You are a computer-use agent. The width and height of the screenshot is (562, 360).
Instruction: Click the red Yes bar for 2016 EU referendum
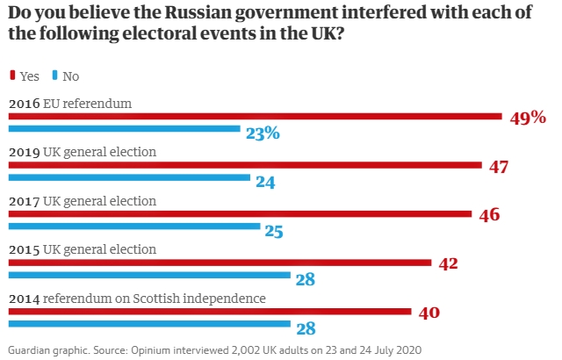(x=255, y=116)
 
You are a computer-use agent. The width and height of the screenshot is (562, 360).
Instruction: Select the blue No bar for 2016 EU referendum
(x=124, y=129)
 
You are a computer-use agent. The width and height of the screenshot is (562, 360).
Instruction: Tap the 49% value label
(x=528, y=118)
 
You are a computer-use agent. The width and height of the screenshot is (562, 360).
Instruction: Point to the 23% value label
(x=263, y=133)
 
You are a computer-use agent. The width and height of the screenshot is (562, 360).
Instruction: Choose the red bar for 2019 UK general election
(x=245, y=164)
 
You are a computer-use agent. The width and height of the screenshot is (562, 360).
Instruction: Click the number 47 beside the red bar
(x=500, y=166)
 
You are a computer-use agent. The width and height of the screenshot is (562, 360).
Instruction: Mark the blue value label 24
(x=266, y=183)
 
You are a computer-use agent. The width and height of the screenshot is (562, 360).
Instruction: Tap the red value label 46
(x=490, y=214)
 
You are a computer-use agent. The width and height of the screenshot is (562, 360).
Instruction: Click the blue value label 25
(x=274, y=232)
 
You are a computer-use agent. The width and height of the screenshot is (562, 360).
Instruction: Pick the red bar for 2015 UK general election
(x=220, y=262)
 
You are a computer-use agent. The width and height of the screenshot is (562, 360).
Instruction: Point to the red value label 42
(x=448, y=263)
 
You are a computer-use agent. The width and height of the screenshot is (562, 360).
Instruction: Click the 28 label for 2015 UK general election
(x=305, y=280)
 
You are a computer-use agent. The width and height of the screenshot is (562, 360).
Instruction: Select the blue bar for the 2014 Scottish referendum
(x=149, y=323)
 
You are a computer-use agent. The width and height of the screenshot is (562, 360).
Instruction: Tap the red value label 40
(x=429, y=312)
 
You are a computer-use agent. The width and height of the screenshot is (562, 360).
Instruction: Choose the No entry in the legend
(x=65, y=76)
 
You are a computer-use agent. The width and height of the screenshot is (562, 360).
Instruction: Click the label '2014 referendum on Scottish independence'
(x=137, y=299)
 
